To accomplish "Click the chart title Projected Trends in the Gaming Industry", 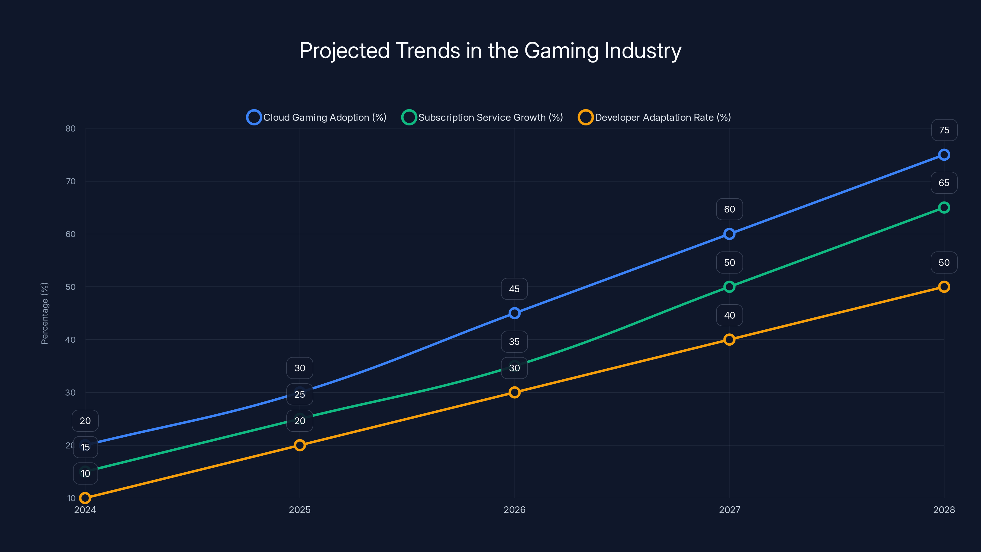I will (x=490, y=51).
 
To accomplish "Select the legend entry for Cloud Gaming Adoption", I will (x=316, y=117).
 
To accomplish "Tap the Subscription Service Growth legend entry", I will (x=483, y=117).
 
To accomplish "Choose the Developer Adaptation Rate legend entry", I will (x=655, y=117).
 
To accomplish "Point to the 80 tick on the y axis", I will (x=71, y=128).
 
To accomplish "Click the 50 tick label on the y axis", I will (x=71, y=287).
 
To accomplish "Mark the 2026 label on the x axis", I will (x=514, y=510).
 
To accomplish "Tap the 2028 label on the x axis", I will (x=944, y=510).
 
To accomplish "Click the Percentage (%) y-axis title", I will (x=44, y=313).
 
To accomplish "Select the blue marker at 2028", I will (x=944, y=155).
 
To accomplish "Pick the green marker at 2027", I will (x=729, y=287).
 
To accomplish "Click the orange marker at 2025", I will (x=300, y=445).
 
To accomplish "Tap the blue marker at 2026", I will (x=514, y=313).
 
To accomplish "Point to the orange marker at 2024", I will (x=85, y=498).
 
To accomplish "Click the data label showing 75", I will (x=944, y=130).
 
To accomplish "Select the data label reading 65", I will (x=944, y=183).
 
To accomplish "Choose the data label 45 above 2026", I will (x=514, y=289).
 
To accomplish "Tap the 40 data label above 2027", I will (x=729, y=316).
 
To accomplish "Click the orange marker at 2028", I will (x=944, y=287).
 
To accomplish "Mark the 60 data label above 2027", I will (x=729, y=209).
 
